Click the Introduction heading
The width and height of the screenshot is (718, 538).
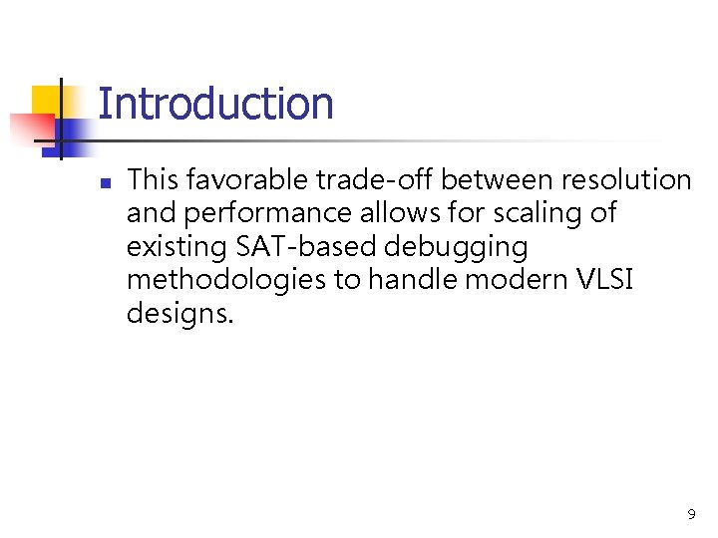coord(215,105)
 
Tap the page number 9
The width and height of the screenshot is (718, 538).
coord(691,515)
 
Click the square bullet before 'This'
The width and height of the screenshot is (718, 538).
coord(104,183)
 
